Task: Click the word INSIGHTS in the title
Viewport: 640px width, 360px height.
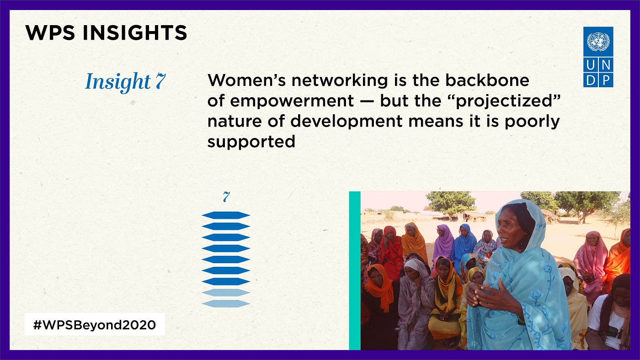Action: click(135, 32)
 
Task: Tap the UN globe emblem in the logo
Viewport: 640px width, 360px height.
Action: click(598, 42)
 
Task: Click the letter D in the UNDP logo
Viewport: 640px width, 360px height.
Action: click(591, 80)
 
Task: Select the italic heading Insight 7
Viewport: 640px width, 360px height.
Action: click(125, 82)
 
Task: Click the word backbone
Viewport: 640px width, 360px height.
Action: click(487, 80)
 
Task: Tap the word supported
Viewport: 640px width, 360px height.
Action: click(251, 142)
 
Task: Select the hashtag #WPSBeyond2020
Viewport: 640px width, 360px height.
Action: click(95, 325)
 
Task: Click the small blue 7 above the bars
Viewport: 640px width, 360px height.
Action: click(226, 197)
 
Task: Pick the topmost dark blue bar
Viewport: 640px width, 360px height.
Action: click(226, 215)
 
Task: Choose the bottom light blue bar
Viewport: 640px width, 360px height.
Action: click(226, 303)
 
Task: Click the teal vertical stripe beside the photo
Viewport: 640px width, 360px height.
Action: click(355, 270)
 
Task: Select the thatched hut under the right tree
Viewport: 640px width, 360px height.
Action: click(550, 216)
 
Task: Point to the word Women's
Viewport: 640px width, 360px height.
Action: click(246, 80)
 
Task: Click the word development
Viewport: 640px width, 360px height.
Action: click(347, 122)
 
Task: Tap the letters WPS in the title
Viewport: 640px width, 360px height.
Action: click(50, 32)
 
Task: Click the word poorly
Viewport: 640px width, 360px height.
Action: click(532, 122)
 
